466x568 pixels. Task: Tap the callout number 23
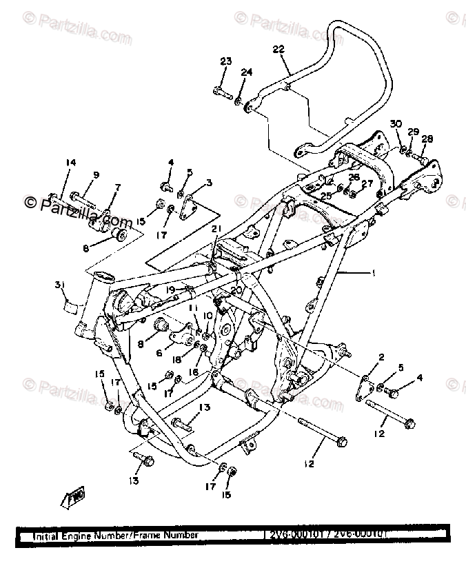click(225, 62)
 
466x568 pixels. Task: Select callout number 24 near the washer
click(247, 72)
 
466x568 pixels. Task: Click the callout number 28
click(427, 139)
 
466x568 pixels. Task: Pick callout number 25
click(325, 196)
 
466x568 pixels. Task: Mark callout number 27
click(367, 183)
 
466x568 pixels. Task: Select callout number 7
click(117, 187)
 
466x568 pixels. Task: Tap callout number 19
click(170, 290)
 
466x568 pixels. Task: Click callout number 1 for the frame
click(373, 273)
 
